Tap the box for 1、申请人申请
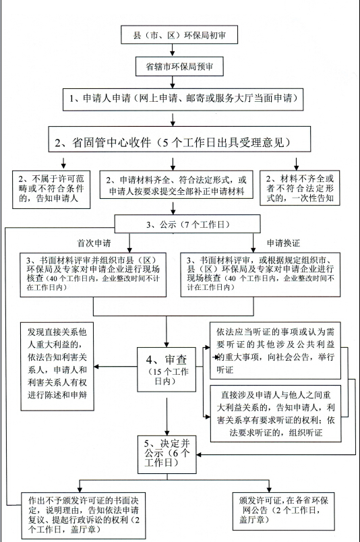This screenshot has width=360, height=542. pos(182,99)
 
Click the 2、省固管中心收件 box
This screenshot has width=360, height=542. pos(182,142)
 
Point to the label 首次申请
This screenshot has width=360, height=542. pos(96,241)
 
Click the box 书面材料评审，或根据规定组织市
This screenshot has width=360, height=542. pos(260,274)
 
